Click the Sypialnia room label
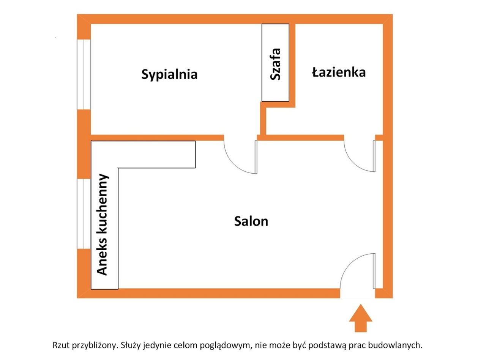169,74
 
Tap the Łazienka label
339,72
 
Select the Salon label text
251,221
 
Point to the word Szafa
275,64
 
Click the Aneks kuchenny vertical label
102,224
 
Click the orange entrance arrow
361,318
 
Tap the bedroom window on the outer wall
84,74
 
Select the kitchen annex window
84,214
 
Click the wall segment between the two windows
84,144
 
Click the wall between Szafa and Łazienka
292,66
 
